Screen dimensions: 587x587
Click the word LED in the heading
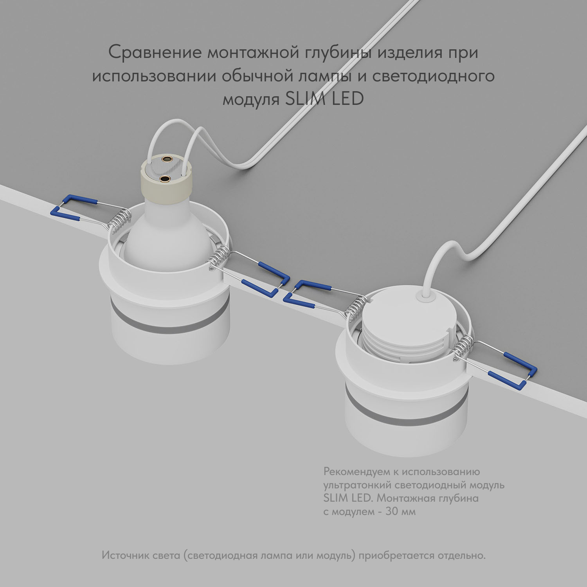coord(348,99)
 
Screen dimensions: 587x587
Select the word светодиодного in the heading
coord(433,76)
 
